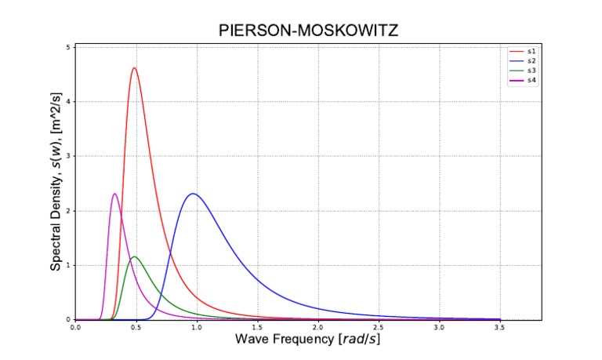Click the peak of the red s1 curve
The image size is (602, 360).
[x=134, y=68]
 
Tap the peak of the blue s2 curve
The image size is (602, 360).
[x=192, y=194]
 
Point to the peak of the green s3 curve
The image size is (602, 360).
[x=135, y=256]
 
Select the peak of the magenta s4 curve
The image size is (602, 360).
[x=114, y=194]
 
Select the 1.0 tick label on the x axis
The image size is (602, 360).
[x=196, y=327]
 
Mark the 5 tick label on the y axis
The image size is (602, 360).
[x=68, y=47]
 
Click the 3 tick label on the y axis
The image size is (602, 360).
[x=68, y=156]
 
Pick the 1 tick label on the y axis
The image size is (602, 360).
[x=68, y=265]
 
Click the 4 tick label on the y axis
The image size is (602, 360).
[x=68, y=102]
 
